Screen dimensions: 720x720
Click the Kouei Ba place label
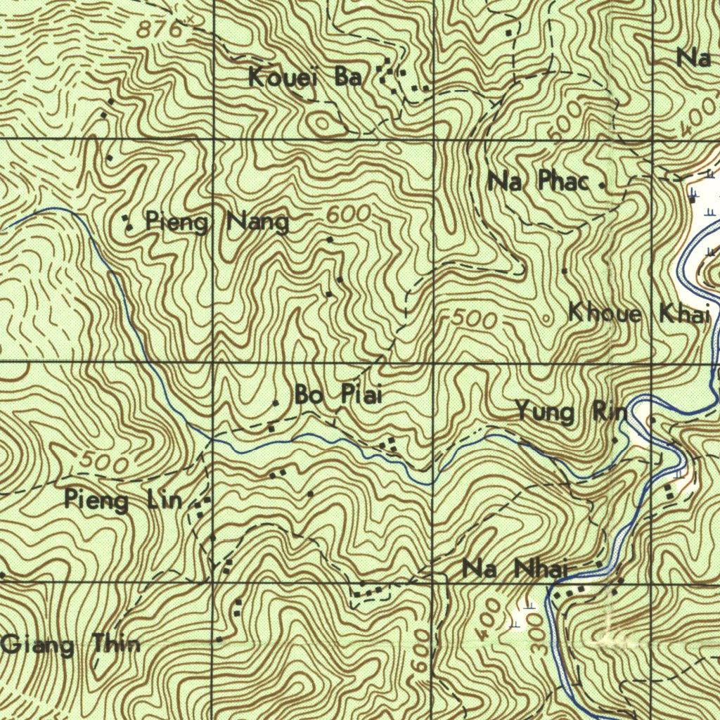(x=305, y=77)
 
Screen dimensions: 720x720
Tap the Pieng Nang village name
(x=217, y=223)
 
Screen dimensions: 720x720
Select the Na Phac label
(x=538, y=182)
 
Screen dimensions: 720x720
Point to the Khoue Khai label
(x=638, y=314)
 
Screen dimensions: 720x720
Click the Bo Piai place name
(x=338, y=396)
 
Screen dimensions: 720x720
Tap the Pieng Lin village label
(x=124, y=501)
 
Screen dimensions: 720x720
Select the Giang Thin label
(x=70, y=644)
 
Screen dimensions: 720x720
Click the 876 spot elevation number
(x=160, y=30)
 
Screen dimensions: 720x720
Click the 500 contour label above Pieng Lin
(x=104, y=463)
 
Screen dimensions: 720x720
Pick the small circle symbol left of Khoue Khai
(x=548, y=317)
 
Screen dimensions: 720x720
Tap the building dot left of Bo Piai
(x=276, y=403)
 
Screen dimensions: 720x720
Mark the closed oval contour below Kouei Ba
(x=323, y=124)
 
